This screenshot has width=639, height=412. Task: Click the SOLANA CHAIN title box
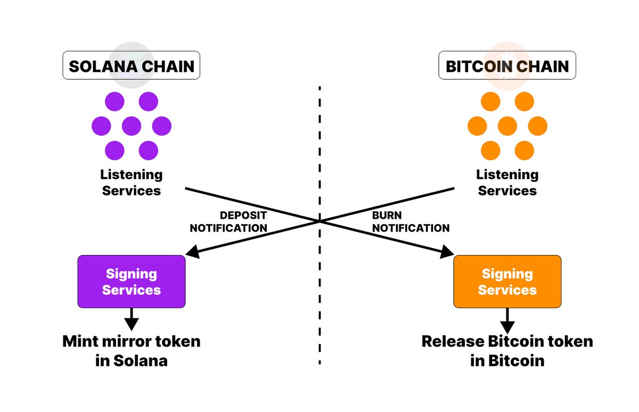[x=132, y=65]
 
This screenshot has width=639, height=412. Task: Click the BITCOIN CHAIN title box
[x=507, y=65]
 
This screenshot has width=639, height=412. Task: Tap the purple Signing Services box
[x=132, y=282]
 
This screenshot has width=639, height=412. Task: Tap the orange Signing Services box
[x=507, y=282]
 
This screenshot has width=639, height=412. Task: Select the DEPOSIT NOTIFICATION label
[x=228, y=221]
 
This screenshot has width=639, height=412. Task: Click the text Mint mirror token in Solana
[x=132, y=350]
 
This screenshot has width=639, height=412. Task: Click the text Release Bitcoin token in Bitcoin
[x=507, y=350]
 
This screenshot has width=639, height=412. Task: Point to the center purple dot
[x=132, y=126]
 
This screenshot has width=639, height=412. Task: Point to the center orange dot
[x=507, y=126]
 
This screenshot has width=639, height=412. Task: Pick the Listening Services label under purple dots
[x=132, y=182]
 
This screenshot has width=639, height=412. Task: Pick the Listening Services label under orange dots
[x=507, y=182]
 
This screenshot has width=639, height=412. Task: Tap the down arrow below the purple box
[x=132, y=322]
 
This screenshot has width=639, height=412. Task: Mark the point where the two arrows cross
[x=319, y=220]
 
